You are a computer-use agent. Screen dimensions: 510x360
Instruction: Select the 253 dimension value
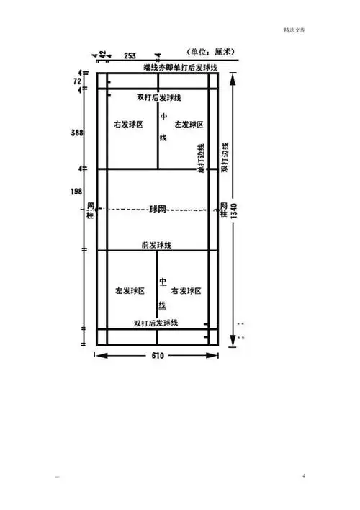(x=130, y=55)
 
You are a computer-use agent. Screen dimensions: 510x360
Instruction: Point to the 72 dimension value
(x=76, y=82)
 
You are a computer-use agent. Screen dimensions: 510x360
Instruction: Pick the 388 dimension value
(x=76, y=133)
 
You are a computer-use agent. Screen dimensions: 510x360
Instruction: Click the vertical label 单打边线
(x=202, y=156)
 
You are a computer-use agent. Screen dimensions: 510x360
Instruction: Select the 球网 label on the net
(x=158, y=209)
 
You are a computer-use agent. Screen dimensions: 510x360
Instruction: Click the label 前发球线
(x=156, y=245)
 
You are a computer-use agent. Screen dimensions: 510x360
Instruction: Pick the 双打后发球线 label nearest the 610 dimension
(x=156, y=322)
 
